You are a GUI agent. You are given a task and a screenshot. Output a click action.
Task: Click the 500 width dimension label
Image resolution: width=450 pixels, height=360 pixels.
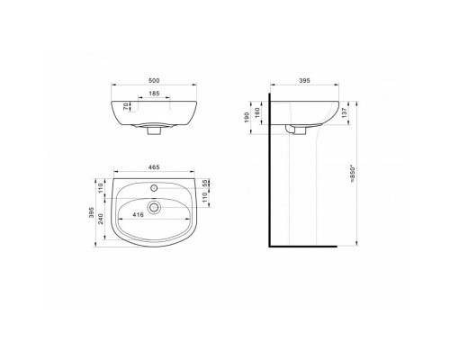click(x=154, y=80)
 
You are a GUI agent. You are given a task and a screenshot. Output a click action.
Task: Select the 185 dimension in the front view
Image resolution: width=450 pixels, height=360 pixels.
click(x=154, y=94)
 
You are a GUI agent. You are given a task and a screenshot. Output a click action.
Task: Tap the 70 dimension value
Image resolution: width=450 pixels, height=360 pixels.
click(x=126, y=106)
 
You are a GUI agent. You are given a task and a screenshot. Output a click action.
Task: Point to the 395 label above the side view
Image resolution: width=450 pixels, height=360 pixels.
click(x=304, y=80)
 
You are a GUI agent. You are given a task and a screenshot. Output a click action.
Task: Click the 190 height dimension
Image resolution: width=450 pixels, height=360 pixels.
click(x=247, y=117)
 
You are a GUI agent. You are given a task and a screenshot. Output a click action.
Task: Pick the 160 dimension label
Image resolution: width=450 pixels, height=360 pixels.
click(x=257, y=112)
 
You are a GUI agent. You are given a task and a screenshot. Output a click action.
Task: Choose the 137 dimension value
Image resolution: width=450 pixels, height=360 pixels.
click(x=345, y=112)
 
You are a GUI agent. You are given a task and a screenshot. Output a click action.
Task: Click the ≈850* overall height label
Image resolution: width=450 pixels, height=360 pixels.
click(x=353, y=174)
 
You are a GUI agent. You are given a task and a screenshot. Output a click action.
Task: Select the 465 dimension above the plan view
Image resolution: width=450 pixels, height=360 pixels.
click(x=154, y=167)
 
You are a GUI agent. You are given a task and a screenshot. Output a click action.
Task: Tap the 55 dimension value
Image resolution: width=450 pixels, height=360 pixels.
click(x=205, y=184)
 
